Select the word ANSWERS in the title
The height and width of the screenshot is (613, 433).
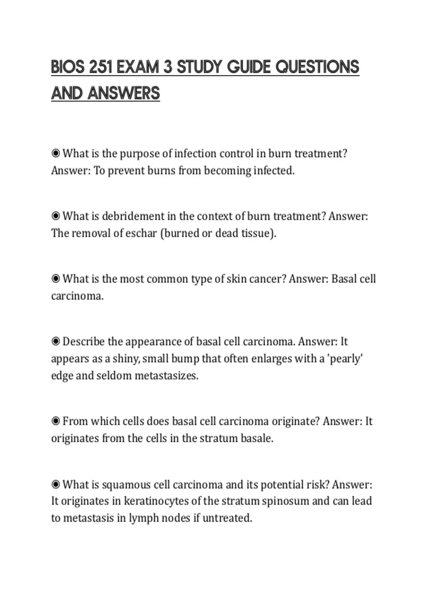point(123,93)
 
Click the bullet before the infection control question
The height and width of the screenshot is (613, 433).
point(56,154)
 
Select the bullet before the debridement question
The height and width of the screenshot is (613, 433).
point(56,216)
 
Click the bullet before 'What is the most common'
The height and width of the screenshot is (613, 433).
point(56,279)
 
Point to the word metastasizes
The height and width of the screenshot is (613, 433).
point(166,376)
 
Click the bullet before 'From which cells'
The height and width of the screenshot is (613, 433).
point(56,421)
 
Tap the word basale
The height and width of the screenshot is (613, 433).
point(257,438)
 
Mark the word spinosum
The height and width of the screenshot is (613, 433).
point(285,501)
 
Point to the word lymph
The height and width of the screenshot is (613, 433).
point(144,518)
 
